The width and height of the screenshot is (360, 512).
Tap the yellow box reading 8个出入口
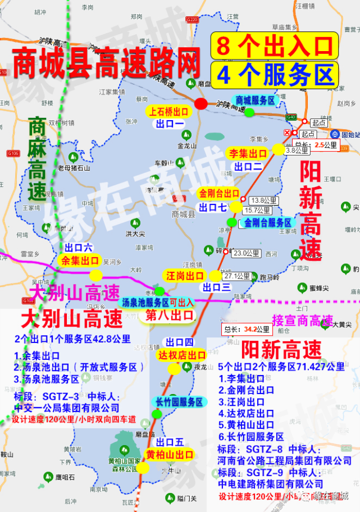[x=274, y=45]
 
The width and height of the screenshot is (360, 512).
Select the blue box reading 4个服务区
[x=274, y=74]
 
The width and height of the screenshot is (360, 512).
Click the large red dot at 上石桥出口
[x=201, y=103]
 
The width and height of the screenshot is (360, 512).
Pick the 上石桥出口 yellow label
[x=169, y=111]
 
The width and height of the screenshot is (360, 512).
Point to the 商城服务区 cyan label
[x=254, y=100]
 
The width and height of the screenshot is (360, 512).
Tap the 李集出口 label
[x=247, y=153]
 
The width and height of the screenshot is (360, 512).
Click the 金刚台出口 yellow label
[x=219, y=194]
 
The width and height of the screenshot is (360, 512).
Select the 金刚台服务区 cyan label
[x=268, y=222]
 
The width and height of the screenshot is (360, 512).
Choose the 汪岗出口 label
[x=185, y=276]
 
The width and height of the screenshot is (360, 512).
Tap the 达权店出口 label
[x=182, y=355]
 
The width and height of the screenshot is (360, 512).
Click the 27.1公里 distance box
[x=236, y=276]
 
